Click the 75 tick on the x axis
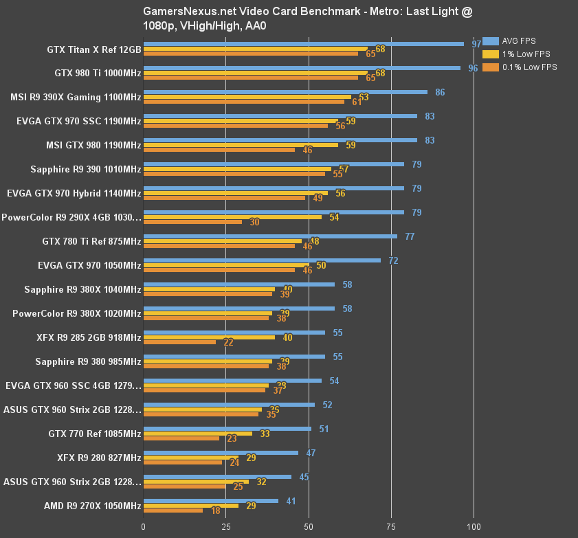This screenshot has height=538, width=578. (x=392, y=527)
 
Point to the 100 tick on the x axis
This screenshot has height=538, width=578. (x=474, y=527)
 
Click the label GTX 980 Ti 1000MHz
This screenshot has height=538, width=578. (x=98, y=74)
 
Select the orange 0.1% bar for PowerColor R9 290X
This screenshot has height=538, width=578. (x=192, y=222)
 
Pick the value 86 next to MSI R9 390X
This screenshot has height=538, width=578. (x=440, y=92)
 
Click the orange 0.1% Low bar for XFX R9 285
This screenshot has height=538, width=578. (x=179, y=342)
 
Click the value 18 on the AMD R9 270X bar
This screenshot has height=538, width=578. (x=216, y=511)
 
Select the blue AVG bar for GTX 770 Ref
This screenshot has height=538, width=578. (x=227, y=429)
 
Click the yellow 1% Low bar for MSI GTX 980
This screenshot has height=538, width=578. (x=241, y=145)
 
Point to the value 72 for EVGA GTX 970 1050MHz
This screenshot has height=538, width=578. (x=393, y=260)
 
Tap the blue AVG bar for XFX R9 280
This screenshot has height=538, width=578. (x=221, y=453)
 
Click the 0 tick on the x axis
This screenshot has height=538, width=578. (x=143, y=527)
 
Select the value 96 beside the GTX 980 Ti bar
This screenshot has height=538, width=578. (x=473, y=68)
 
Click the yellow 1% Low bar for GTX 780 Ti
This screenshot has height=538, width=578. (x=222, y=241)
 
